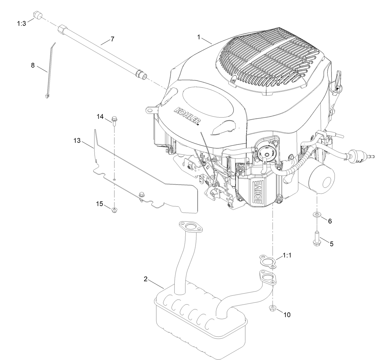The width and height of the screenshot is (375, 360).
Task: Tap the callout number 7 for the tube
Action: [x=112, y=39]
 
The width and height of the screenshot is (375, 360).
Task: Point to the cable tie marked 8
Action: [x=49, y=71]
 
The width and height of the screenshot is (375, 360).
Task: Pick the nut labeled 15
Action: [x=114, y=211]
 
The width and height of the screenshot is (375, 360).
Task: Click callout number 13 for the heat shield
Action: [x=77, y=141]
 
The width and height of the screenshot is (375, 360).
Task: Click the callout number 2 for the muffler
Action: [x=145, y=279]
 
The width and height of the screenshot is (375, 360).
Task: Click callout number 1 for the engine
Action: [x=199, y=37]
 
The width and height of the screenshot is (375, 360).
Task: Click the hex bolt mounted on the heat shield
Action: [x=142, y=195]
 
